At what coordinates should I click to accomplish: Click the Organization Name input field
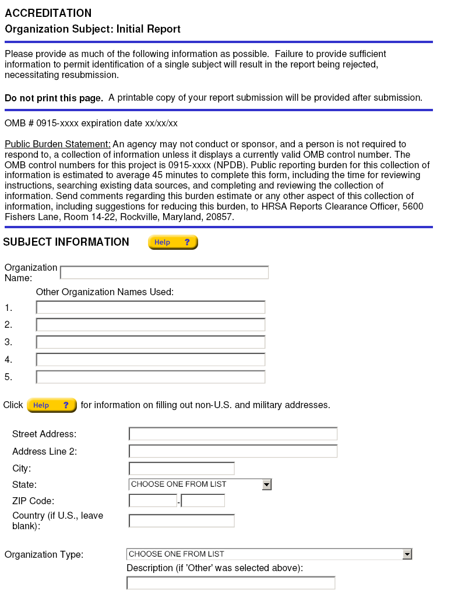coord(164,272)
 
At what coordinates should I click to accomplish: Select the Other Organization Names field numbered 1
coord(150,307)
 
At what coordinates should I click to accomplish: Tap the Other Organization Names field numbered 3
coord(150,342)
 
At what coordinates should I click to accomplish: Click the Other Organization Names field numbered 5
coord(150,377)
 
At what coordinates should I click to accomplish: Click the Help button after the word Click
coord(51,405)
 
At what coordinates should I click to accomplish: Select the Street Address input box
coord(232,434)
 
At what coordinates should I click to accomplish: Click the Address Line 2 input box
coord(232,451)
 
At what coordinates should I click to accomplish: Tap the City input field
coord(181,469)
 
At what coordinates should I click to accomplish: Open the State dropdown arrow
coord(266,484)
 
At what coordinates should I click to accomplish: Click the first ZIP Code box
coord(153,501)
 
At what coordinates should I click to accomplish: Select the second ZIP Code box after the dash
coord(203,501)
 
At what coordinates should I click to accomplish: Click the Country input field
coord(181,520)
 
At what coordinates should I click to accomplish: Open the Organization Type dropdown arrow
coord(407,554)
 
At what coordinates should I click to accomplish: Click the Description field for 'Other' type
coord(231,583)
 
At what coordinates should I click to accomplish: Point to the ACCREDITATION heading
coord(48,13)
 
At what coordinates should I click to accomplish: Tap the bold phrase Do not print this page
coord(54,98)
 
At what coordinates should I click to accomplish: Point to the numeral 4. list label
coord(8,360)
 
